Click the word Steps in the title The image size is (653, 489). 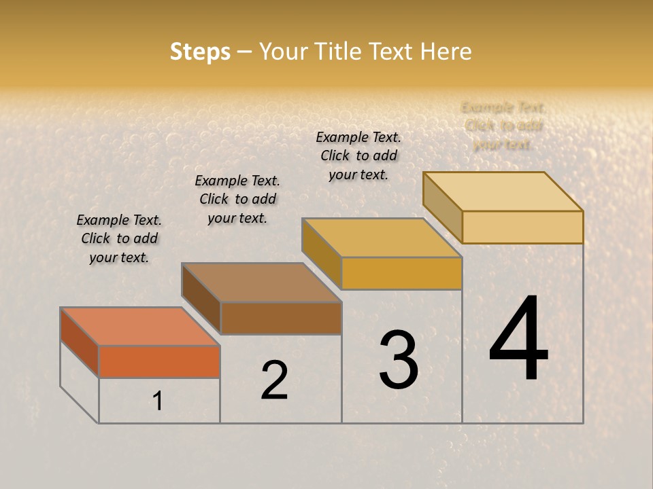[200, 52]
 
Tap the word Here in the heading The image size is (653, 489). [446, 52]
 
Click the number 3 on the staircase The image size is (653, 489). [399, 359]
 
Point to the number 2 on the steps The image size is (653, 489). [274, 380]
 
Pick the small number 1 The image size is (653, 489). [158, 401]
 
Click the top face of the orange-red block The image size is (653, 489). [140, 326]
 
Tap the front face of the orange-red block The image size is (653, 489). [159, 361]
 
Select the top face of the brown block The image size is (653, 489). [261, 282]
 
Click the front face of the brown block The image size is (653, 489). [281, 318]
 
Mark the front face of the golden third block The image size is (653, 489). [401, 273]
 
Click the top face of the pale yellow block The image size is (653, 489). [503, 191]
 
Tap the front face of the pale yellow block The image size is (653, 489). [522, 227]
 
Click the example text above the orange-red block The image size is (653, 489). [119, 238]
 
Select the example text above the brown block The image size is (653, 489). [237, 199]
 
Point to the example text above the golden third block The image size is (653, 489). [358, 156]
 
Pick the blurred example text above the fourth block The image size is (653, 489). [503, 126]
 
